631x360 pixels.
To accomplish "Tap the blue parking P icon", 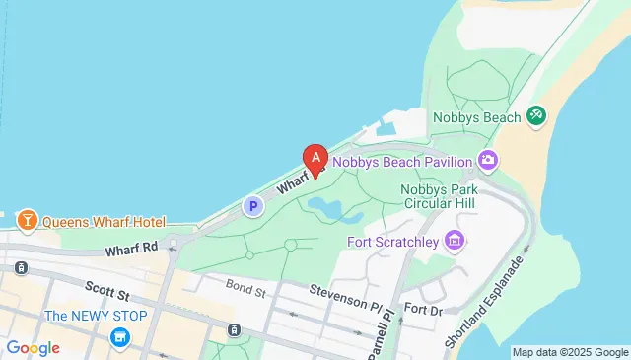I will pos(253,206).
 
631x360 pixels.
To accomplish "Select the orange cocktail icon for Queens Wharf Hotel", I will pos(27,218).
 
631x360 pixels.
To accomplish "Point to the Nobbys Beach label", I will pos(476,118).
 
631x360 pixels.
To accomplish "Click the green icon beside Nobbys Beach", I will pos(536,116).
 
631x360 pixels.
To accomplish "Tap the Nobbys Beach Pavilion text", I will pos(401,160).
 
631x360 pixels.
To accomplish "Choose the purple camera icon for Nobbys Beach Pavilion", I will pos(486,160).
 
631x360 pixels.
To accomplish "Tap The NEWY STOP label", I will pos(96,316).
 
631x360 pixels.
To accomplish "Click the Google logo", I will pos(32,347).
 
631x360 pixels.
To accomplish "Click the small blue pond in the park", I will pos(324,206).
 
